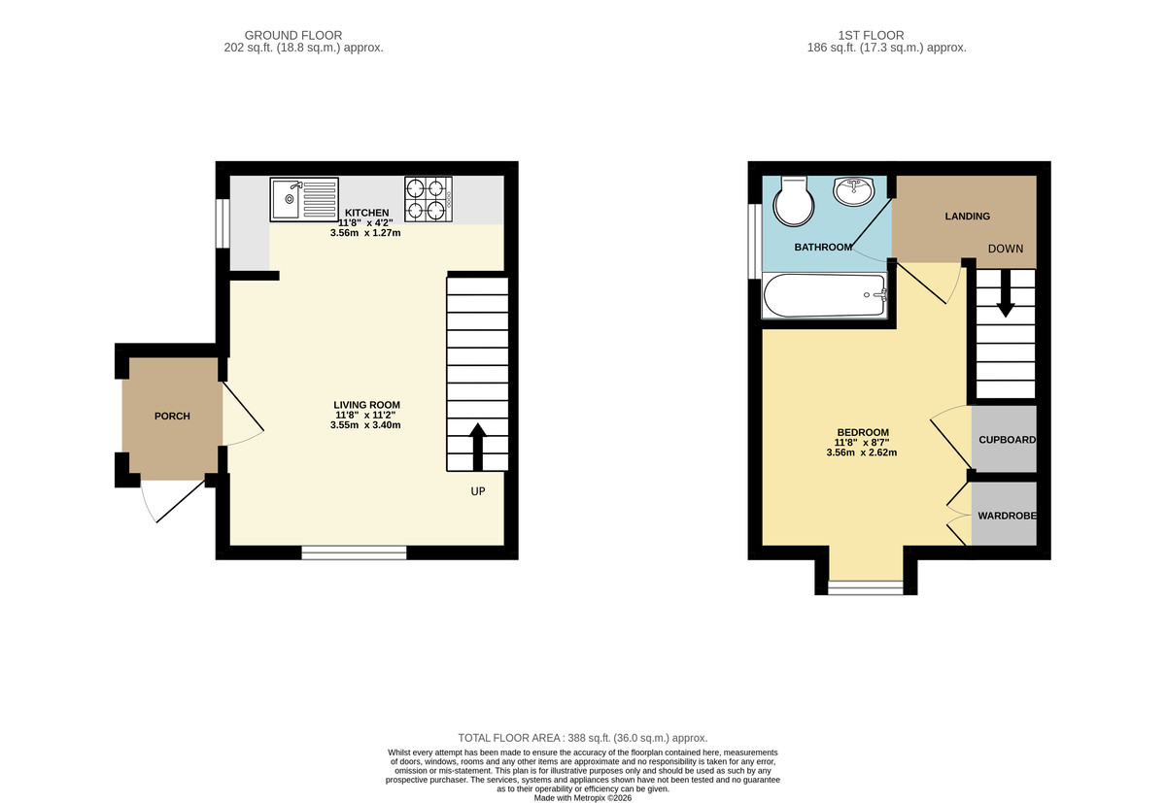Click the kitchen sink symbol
(304, 199)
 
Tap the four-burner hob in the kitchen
(429, 198)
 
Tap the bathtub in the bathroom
(826, 294)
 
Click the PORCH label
(172, 417)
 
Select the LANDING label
(967, 217)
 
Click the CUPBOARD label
(1007, 440)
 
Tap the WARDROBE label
(1007, 516)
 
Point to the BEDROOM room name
(863, 433)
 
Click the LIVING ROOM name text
(366, 405)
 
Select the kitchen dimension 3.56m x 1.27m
(366, 233)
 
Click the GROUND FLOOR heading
(292, 35)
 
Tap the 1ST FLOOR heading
(886, 35)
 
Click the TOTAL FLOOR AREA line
(583, 738)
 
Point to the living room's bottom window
(354, 552)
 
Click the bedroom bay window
(865, 587)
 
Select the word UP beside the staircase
(477, 491)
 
